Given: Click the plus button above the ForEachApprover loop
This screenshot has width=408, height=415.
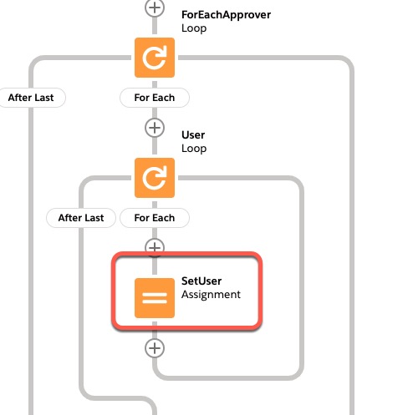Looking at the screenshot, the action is coord(155,8).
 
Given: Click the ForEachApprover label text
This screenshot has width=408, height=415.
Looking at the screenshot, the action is coord(226,15).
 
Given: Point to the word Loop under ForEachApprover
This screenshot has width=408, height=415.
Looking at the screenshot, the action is coord(194,28).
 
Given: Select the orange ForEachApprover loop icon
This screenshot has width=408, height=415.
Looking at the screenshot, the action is coord(155,58).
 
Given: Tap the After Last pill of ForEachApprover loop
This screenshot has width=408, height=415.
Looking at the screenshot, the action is coord(31,98).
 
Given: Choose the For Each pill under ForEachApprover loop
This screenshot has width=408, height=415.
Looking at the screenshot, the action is coord(155,98).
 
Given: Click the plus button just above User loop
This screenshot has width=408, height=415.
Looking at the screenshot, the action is coord(155,128).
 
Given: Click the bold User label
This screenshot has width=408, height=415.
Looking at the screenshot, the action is coord(193,135).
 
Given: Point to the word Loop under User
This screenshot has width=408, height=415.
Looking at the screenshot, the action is coord(194,149).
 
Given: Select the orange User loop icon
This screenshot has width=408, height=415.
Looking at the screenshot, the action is coord(155,178).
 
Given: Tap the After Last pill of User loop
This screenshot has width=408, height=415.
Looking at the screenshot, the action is coord(81,218).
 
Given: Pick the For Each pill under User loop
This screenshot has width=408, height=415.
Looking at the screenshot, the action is coord(155,218).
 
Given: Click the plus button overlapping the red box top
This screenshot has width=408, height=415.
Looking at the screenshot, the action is coord(155,247).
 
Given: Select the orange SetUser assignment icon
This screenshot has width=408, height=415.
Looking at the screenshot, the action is coord(155,298).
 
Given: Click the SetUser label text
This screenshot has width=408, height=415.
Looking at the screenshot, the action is coord(201,281).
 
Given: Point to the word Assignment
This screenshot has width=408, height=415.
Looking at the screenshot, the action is coord(211,295).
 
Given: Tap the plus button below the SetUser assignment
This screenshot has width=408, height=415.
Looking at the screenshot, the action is coord(155,348).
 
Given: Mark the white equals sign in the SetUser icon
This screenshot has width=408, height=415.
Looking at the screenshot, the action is coord(155,298).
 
